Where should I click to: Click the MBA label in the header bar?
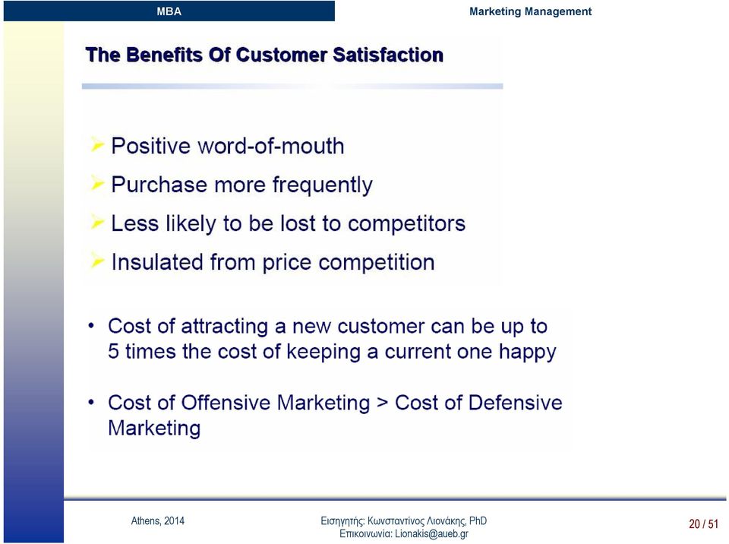tap(169, 11)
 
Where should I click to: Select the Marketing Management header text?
tap(530, 11)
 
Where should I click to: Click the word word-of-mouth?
tap(271, 146)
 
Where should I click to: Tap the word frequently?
tap(322, 185)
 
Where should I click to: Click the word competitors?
tap(406, 224)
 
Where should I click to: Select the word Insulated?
tap(158, 261)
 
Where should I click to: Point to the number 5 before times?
tap(113, 351)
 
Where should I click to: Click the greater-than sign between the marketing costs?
tap(382, 403)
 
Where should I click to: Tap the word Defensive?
tap(515, 403)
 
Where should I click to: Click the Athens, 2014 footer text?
tap(158, 520)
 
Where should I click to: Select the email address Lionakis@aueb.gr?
tap(431, 534)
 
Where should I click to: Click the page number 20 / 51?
tap(703, 524)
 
